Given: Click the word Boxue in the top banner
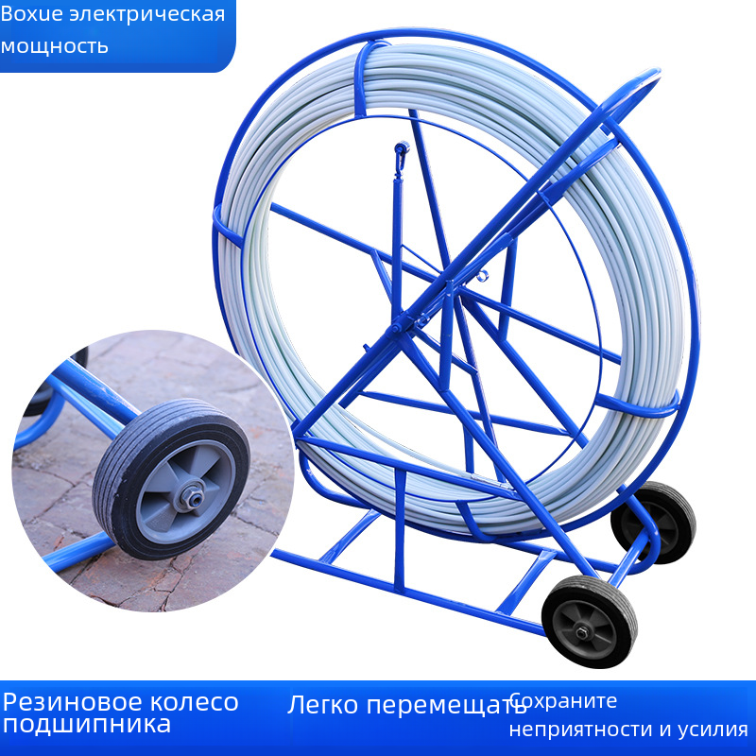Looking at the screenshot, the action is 32,14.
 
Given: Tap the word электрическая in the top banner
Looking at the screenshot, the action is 147,14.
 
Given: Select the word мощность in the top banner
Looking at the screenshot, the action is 54,46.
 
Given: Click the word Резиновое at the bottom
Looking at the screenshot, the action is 73,702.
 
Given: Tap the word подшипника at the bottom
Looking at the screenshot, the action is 87,725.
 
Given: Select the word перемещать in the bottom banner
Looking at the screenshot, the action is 446,705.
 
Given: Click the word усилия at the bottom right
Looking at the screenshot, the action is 713,730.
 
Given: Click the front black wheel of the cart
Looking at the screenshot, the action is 589,622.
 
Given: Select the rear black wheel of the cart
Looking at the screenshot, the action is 654,523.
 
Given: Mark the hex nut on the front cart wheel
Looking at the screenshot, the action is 582,631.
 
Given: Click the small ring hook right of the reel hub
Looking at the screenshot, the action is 482,275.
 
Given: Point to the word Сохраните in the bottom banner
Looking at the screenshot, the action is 563,700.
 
